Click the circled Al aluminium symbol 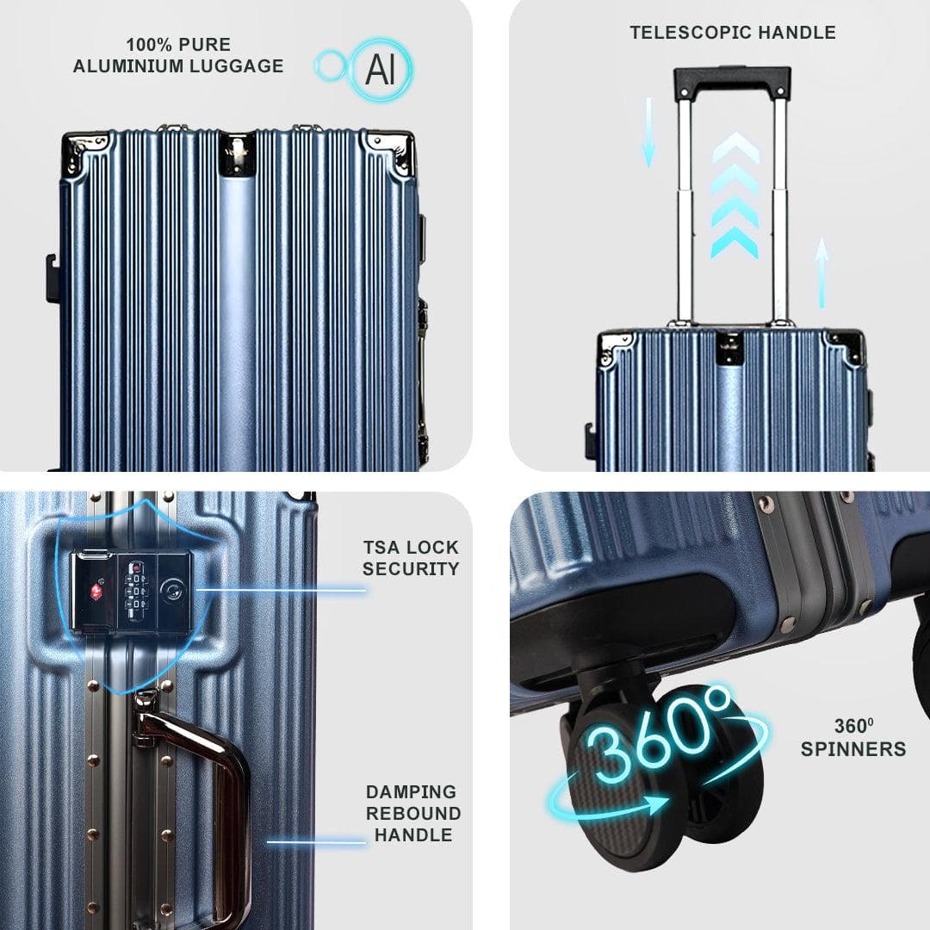click(381, 69)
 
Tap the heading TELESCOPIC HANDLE click(733, 33)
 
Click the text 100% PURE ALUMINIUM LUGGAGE click(178, 55)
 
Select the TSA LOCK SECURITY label click(411, 558)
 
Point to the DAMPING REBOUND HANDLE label click(412, 813)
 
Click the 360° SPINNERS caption click(852, 738)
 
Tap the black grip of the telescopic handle click(732, 82)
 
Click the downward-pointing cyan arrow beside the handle click(648, 133)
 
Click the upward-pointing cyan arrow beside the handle click(821, 272)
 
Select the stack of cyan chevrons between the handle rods click(735, 195)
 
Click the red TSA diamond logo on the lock click(96, 591)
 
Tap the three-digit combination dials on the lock click(136, 591)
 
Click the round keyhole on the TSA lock click(171, 591)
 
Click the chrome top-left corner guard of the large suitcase click(86, 153)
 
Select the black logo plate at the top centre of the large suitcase click(238, 154)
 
